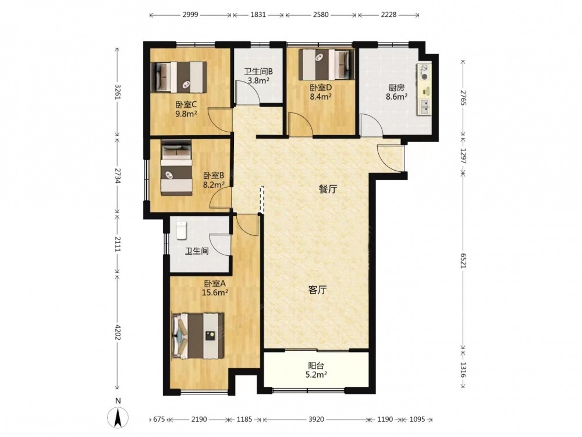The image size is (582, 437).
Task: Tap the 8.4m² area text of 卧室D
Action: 321,97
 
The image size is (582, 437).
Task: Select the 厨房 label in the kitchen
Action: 396,88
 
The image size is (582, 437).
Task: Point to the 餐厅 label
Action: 328,189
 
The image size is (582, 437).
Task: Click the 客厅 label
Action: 317,290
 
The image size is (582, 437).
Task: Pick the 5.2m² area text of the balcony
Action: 316,375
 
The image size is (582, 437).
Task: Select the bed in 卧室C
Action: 179,77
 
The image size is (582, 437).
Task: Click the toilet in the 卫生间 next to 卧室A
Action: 181,230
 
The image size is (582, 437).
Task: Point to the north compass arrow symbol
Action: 118,417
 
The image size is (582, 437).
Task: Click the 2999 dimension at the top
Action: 191,15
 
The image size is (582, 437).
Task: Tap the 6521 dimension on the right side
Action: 463,259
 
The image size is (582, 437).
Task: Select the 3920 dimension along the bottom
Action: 316,420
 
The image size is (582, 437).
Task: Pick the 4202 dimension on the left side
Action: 118,333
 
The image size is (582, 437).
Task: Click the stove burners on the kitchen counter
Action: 425,72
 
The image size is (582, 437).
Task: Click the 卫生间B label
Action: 258,71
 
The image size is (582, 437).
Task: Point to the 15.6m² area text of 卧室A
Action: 215,292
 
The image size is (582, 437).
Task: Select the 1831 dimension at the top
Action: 258,15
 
